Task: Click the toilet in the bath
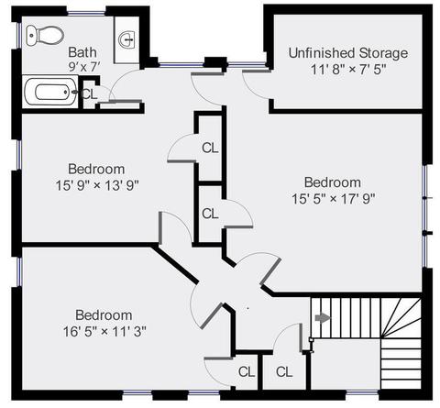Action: pos(45,36)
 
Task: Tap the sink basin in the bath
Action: pos(126,40)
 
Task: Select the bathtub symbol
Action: pos(50,92)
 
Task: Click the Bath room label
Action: pos(82,52)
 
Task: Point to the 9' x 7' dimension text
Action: pos(84,67)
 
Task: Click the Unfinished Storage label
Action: pos(348,53)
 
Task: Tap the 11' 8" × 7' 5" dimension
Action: pos(348,70)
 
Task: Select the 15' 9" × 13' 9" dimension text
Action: pos(97,185)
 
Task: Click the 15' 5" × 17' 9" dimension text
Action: pos(333,199)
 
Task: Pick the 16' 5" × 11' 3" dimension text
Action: pos(104,331)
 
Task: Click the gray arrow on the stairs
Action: pos(323,317)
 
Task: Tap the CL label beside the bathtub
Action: pos(90,94)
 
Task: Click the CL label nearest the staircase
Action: pos(284,372)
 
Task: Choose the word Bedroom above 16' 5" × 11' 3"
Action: pos(104,315)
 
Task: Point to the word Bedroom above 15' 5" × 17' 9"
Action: pos(333,182)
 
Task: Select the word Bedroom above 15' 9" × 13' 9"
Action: pos(96,169)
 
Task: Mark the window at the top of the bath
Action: pos(86,13)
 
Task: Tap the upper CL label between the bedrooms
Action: pos(210,149)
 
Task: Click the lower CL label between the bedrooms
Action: pos(210,214)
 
